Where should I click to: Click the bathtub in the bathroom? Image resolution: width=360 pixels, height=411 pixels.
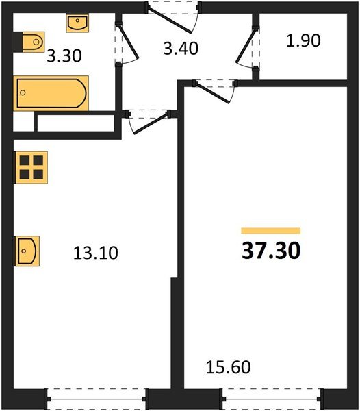tap(51, 93)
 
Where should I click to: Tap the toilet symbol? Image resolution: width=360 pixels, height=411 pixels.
tap(34, 42)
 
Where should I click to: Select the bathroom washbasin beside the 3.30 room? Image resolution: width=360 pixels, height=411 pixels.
tap(77, 23)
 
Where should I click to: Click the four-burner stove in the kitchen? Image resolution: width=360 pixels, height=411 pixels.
tap(31, 168)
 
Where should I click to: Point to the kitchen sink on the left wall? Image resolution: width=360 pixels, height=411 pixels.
tap(27, 251)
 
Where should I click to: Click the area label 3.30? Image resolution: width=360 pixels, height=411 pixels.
tap(64, 56)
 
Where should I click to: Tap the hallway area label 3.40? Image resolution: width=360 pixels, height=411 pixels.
tap(181, 49)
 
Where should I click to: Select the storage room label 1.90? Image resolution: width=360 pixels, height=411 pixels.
tap(303, 40)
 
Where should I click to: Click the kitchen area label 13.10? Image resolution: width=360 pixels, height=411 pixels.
tap(96, 253)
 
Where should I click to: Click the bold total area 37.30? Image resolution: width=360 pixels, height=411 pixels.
tap(271, 251)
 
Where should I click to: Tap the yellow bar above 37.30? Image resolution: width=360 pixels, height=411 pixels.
tap(271, 231)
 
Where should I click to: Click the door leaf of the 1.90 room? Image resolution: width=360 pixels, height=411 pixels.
tap(246, 45)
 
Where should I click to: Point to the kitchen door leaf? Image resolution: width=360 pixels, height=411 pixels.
tap(151, 123)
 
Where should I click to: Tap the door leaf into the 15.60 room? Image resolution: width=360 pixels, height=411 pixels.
tap(213, 92)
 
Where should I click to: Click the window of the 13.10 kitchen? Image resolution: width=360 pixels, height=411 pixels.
tap(97, 399)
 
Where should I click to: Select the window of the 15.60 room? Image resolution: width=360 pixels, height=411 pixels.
tap(272, 399)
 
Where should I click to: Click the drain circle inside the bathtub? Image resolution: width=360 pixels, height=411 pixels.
tap(23, 92)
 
